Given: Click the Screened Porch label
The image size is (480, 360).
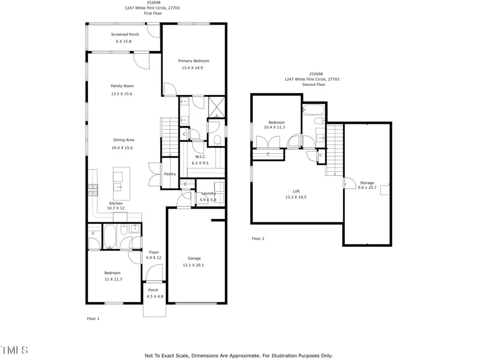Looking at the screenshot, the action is [125, 35].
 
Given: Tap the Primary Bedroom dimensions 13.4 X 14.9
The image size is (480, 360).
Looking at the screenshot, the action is [192, 68].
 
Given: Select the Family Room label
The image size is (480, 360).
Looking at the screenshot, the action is [122, 86].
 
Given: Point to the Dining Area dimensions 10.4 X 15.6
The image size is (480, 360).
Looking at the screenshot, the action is [122, 148].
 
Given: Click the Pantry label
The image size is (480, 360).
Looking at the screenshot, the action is [170, 174].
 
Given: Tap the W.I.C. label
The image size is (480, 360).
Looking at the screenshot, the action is [201, 157].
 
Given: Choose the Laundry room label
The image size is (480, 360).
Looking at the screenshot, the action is [208, 193].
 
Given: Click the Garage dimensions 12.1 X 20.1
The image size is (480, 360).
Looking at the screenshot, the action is [193, 265].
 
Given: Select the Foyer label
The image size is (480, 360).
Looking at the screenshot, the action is [154, 252].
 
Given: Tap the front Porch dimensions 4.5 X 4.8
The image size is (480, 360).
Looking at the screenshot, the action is [155, 296].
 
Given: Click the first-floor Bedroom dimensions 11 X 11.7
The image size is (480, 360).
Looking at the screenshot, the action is [113, 279].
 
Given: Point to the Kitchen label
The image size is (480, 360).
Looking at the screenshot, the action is [116, 203].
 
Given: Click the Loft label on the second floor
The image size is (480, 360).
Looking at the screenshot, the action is [296, 192].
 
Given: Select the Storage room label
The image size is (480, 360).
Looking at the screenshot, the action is [367, 183].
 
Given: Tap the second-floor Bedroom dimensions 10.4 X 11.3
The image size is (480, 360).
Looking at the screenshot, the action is [275, 127].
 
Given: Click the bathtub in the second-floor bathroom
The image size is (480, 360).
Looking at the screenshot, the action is [313, 110].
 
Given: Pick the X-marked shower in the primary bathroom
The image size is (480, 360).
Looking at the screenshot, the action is [217, 107].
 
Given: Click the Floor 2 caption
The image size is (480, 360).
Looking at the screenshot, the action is [258, 239].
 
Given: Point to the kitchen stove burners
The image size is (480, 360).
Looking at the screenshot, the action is [93, 190].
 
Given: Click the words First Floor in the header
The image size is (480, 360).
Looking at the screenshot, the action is [153, 13].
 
